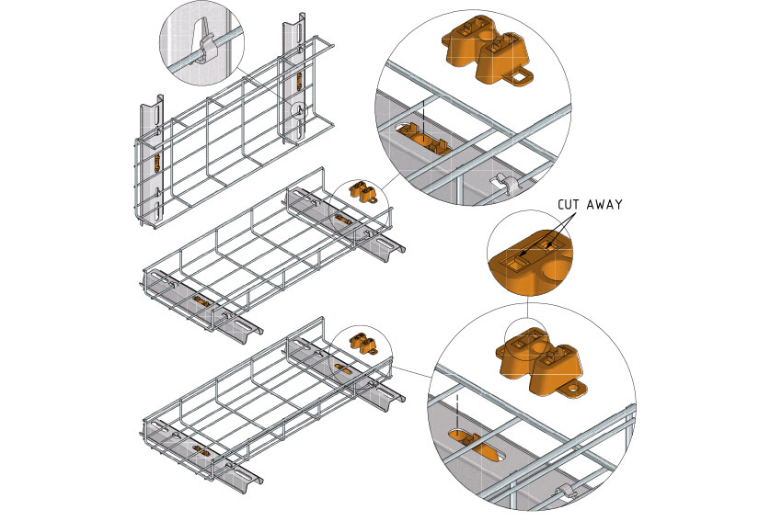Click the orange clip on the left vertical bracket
click(x=156, y=164)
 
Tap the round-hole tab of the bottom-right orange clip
click(x=574, y=390)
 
